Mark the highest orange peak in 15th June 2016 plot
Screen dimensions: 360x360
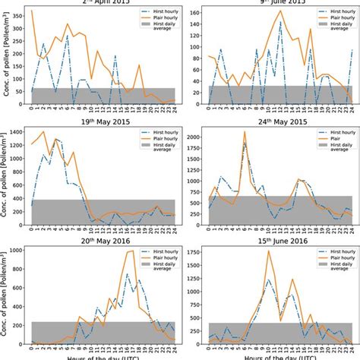[x=268, y=251]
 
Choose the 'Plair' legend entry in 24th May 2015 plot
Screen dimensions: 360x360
[x=320, y=142]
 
